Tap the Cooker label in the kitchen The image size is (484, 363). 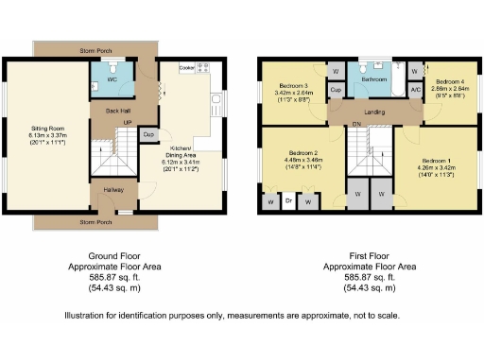[186, 68]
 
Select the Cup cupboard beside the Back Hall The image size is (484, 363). [147, 135]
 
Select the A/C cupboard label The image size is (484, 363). [416, 90]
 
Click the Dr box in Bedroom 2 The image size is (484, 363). [288, 200]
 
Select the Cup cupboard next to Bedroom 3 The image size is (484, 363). [336, 90]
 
